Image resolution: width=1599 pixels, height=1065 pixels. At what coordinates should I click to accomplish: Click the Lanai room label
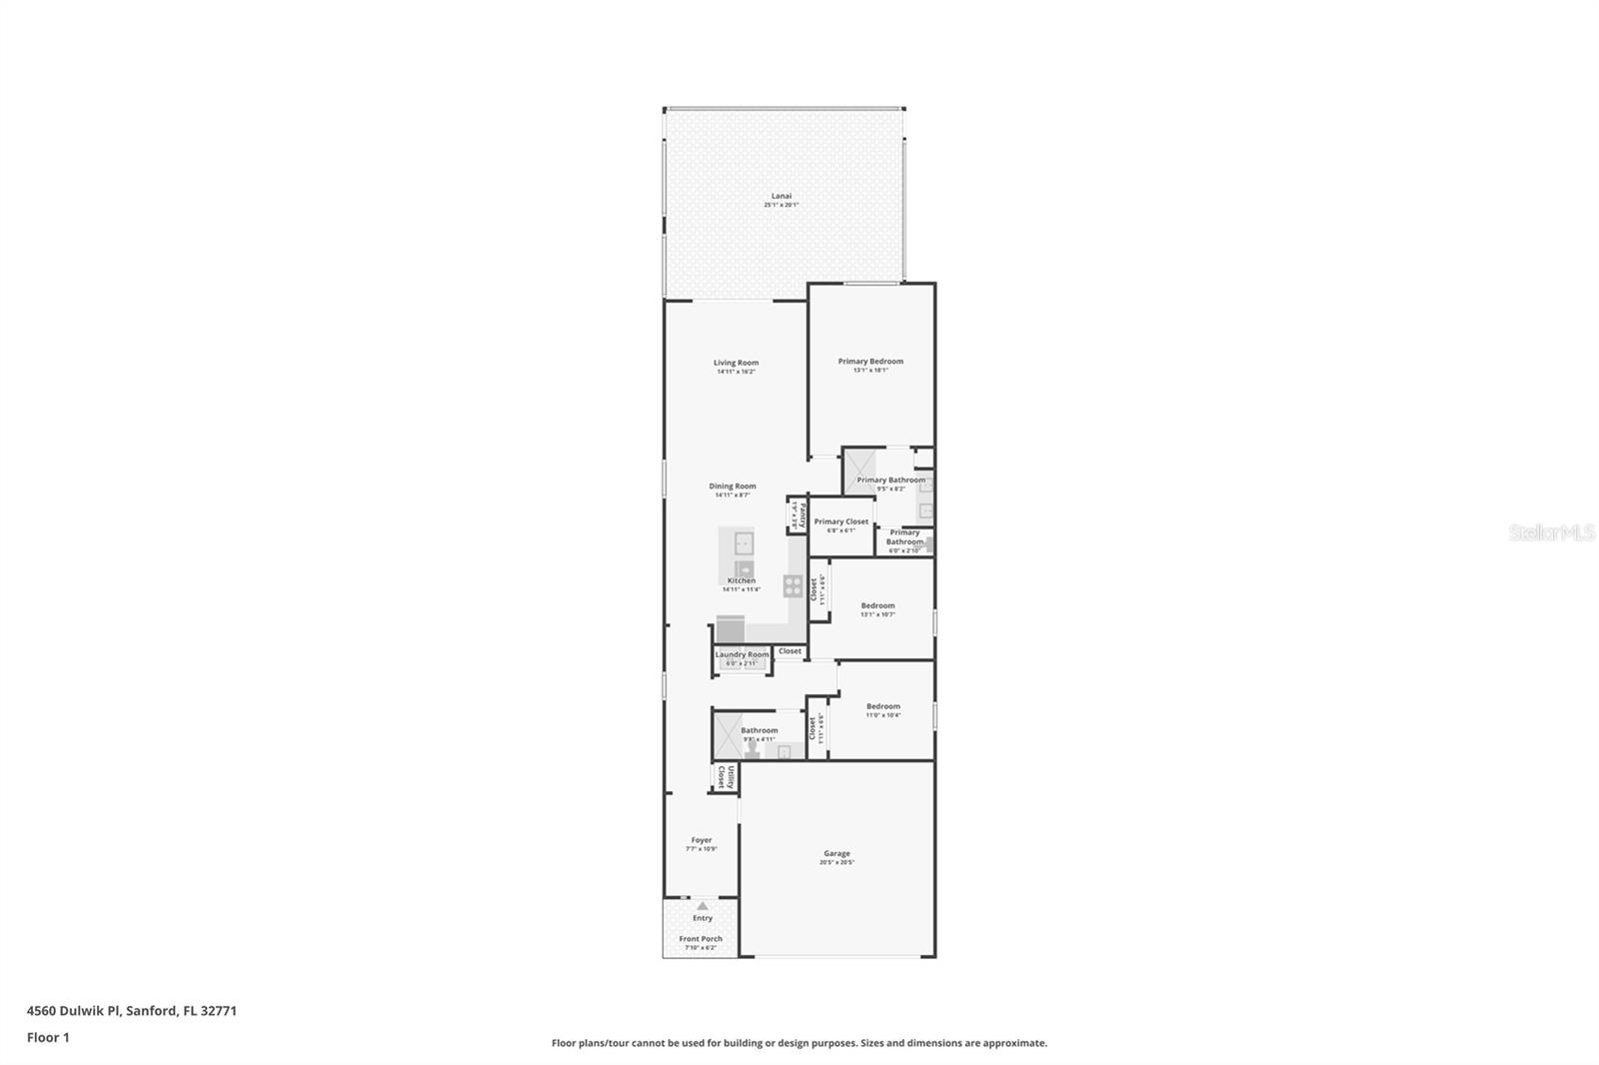click(781, 196)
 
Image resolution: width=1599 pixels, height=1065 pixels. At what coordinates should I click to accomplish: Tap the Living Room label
click(736, 363)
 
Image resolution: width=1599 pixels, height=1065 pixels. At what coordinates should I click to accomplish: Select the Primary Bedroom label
click(870, 362)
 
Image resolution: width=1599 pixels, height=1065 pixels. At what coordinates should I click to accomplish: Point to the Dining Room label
click(733, 487)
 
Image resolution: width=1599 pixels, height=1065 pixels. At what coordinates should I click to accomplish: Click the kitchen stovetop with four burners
click(793, 585)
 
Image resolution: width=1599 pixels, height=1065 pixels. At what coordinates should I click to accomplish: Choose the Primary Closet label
click(840, 522)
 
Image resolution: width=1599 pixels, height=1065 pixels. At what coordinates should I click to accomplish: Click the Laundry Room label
click(742, 654)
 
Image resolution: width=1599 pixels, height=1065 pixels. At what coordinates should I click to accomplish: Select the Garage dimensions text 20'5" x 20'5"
click(836, 862)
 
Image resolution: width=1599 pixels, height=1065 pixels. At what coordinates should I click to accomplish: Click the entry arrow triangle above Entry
click(702, 906)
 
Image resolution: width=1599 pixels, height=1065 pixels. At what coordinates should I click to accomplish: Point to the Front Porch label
click(701, 939)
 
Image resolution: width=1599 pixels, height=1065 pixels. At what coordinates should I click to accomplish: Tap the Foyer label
click(702, 840)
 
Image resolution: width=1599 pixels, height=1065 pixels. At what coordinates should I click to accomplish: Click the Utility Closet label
click(726, 777)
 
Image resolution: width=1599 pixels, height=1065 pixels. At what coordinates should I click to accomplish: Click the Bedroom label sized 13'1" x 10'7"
click(877, 605)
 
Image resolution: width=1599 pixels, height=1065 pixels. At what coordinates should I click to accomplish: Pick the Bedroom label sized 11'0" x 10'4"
click(882, 706)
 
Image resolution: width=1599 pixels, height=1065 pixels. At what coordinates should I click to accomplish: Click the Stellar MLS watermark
click(1551, 533)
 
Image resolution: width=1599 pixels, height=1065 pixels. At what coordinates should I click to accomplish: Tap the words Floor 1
click(48, 1037)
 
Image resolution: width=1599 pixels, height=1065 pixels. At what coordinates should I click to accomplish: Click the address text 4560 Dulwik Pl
click(73, 1010)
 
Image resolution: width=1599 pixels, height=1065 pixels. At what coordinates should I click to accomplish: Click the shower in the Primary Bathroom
click(858, 470)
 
